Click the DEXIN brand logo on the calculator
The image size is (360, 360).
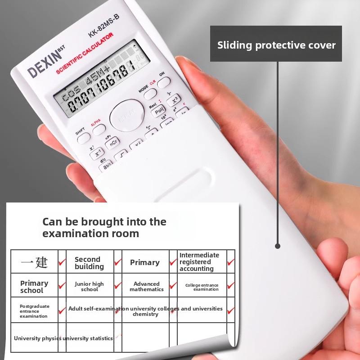(x=45, y=64)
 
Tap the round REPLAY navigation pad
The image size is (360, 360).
(x=126, y=116)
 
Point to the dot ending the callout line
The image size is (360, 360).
(x=278, y=246)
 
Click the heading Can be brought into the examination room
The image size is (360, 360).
(x=104, y=227)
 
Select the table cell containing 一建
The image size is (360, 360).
(x=34, y=262)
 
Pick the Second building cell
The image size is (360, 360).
(x=89, y=263)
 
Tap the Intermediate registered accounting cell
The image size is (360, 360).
(x=199, y=262)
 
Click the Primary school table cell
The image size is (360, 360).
(x=34, y=287)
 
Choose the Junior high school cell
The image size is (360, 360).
(x=89, y=287)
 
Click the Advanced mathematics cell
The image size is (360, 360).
(x=147, y=287)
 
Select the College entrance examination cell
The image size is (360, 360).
(x=202, y=287)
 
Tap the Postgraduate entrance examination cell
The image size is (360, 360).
(x=34, y=311)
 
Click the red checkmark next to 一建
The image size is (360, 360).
(x=62, y=261)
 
